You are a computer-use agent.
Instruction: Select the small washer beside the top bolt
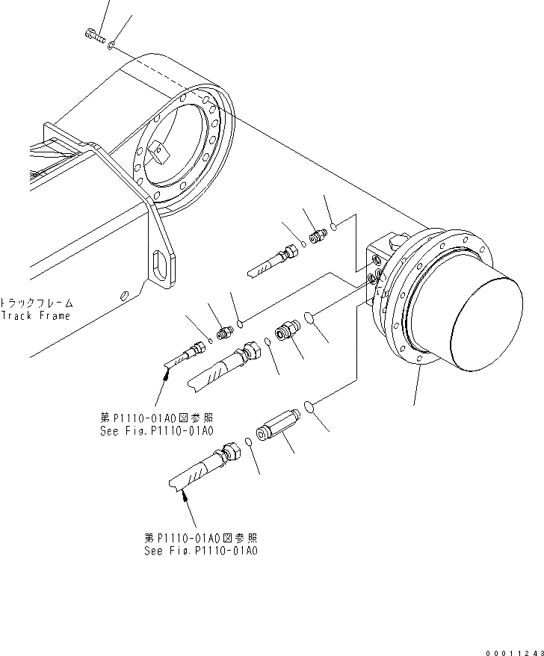click(111, 46)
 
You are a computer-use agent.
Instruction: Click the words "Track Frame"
click(36, 315)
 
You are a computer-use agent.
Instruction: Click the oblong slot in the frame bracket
click(161, 265)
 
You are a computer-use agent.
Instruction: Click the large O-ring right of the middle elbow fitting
click(315, 318)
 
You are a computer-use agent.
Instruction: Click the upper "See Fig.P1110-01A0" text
click(156, 432)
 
